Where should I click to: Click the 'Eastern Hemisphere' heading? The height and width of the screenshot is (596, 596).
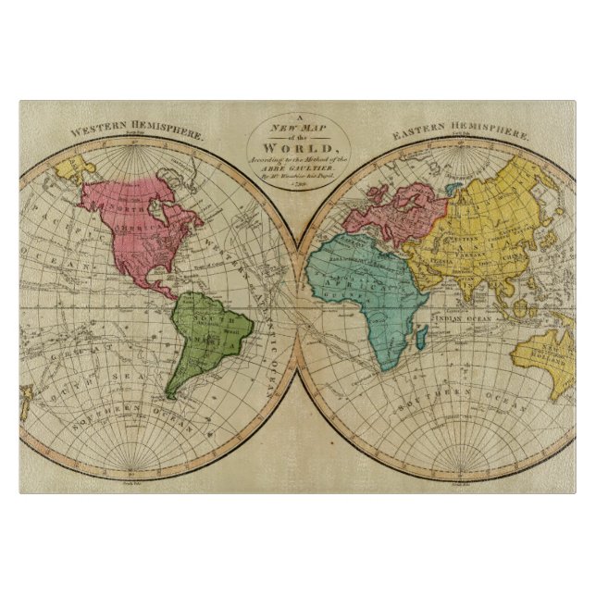pyautogui.click(x=461, y=132)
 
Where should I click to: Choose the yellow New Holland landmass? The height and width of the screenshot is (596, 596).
pyautogui.click(x=546, y=356)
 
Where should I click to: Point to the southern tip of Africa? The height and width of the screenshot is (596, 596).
pyautogui.click(x=379, y=368)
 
